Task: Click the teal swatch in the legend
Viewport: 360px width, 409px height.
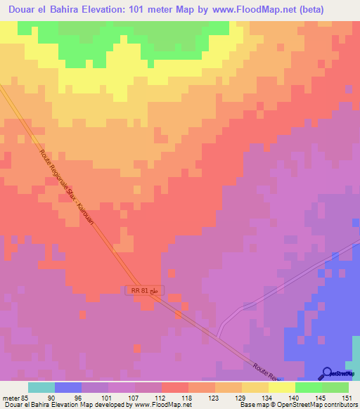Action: [41, 387]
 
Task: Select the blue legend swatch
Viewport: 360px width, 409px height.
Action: [68, 387]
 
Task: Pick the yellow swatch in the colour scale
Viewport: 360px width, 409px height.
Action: [282, 387]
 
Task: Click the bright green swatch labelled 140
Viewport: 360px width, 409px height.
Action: [309, 387]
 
